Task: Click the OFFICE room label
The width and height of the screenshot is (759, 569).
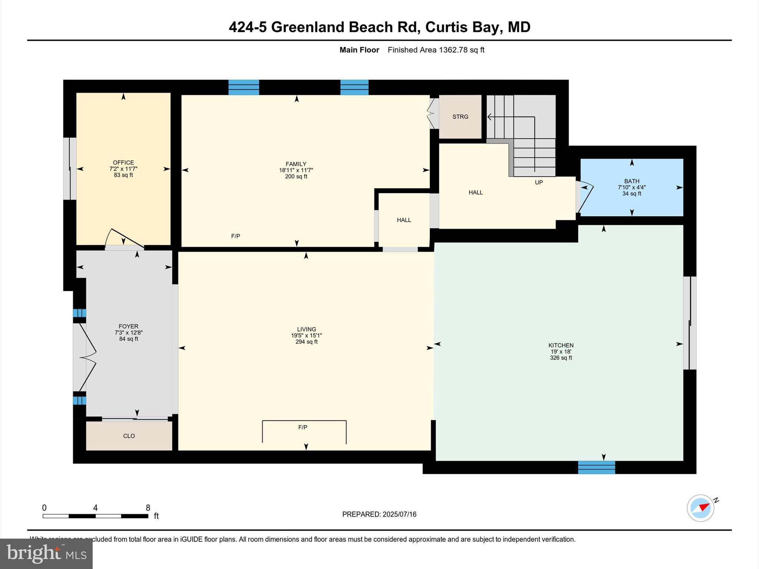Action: coord(123,163)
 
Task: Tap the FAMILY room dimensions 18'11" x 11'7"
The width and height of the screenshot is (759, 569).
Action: coord(296,170)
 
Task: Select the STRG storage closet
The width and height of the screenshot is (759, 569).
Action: coord(460,117)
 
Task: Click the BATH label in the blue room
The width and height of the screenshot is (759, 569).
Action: coord(632,181)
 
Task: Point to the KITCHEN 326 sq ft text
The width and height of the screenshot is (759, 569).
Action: coord(561,358)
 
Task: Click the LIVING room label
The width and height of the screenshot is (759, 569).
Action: coord(306,329)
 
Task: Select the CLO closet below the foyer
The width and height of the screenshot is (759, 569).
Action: coord(129,436)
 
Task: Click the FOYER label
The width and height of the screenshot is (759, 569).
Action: coord(128,326)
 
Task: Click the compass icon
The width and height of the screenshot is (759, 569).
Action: coord(700,508)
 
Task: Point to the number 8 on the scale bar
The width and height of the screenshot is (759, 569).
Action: coord(148,508)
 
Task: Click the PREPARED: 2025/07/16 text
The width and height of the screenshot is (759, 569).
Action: coord(379,514)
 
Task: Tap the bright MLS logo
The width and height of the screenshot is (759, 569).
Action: coord(46,553)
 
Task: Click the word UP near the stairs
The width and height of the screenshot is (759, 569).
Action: coord(538,182)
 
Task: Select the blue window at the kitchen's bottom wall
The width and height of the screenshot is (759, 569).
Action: coord(596,467)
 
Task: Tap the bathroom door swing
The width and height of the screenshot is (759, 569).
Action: coord(586,197)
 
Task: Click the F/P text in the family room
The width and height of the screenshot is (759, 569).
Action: coord(236,236)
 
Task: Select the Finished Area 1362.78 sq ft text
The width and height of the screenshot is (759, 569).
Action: coord(436,50)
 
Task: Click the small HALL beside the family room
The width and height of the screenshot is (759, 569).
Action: coord(404,220)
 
